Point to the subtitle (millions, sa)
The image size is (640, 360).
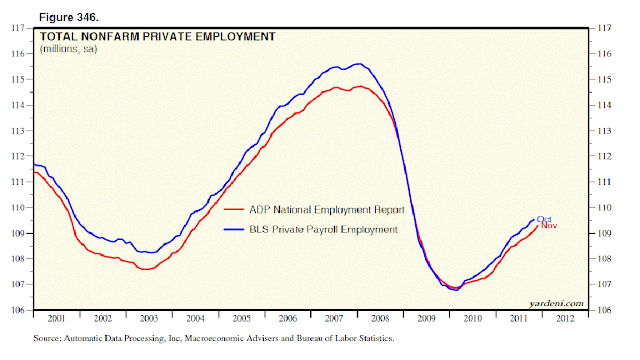68,49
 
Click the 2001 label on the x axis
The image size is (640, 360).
56,318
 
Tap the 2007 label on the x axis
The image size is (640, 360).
335,318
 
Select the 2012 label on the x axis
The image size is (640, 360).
567,318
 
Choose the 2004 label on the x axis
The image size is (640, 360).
196,318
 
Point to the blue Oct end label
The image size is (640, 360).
545,219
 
